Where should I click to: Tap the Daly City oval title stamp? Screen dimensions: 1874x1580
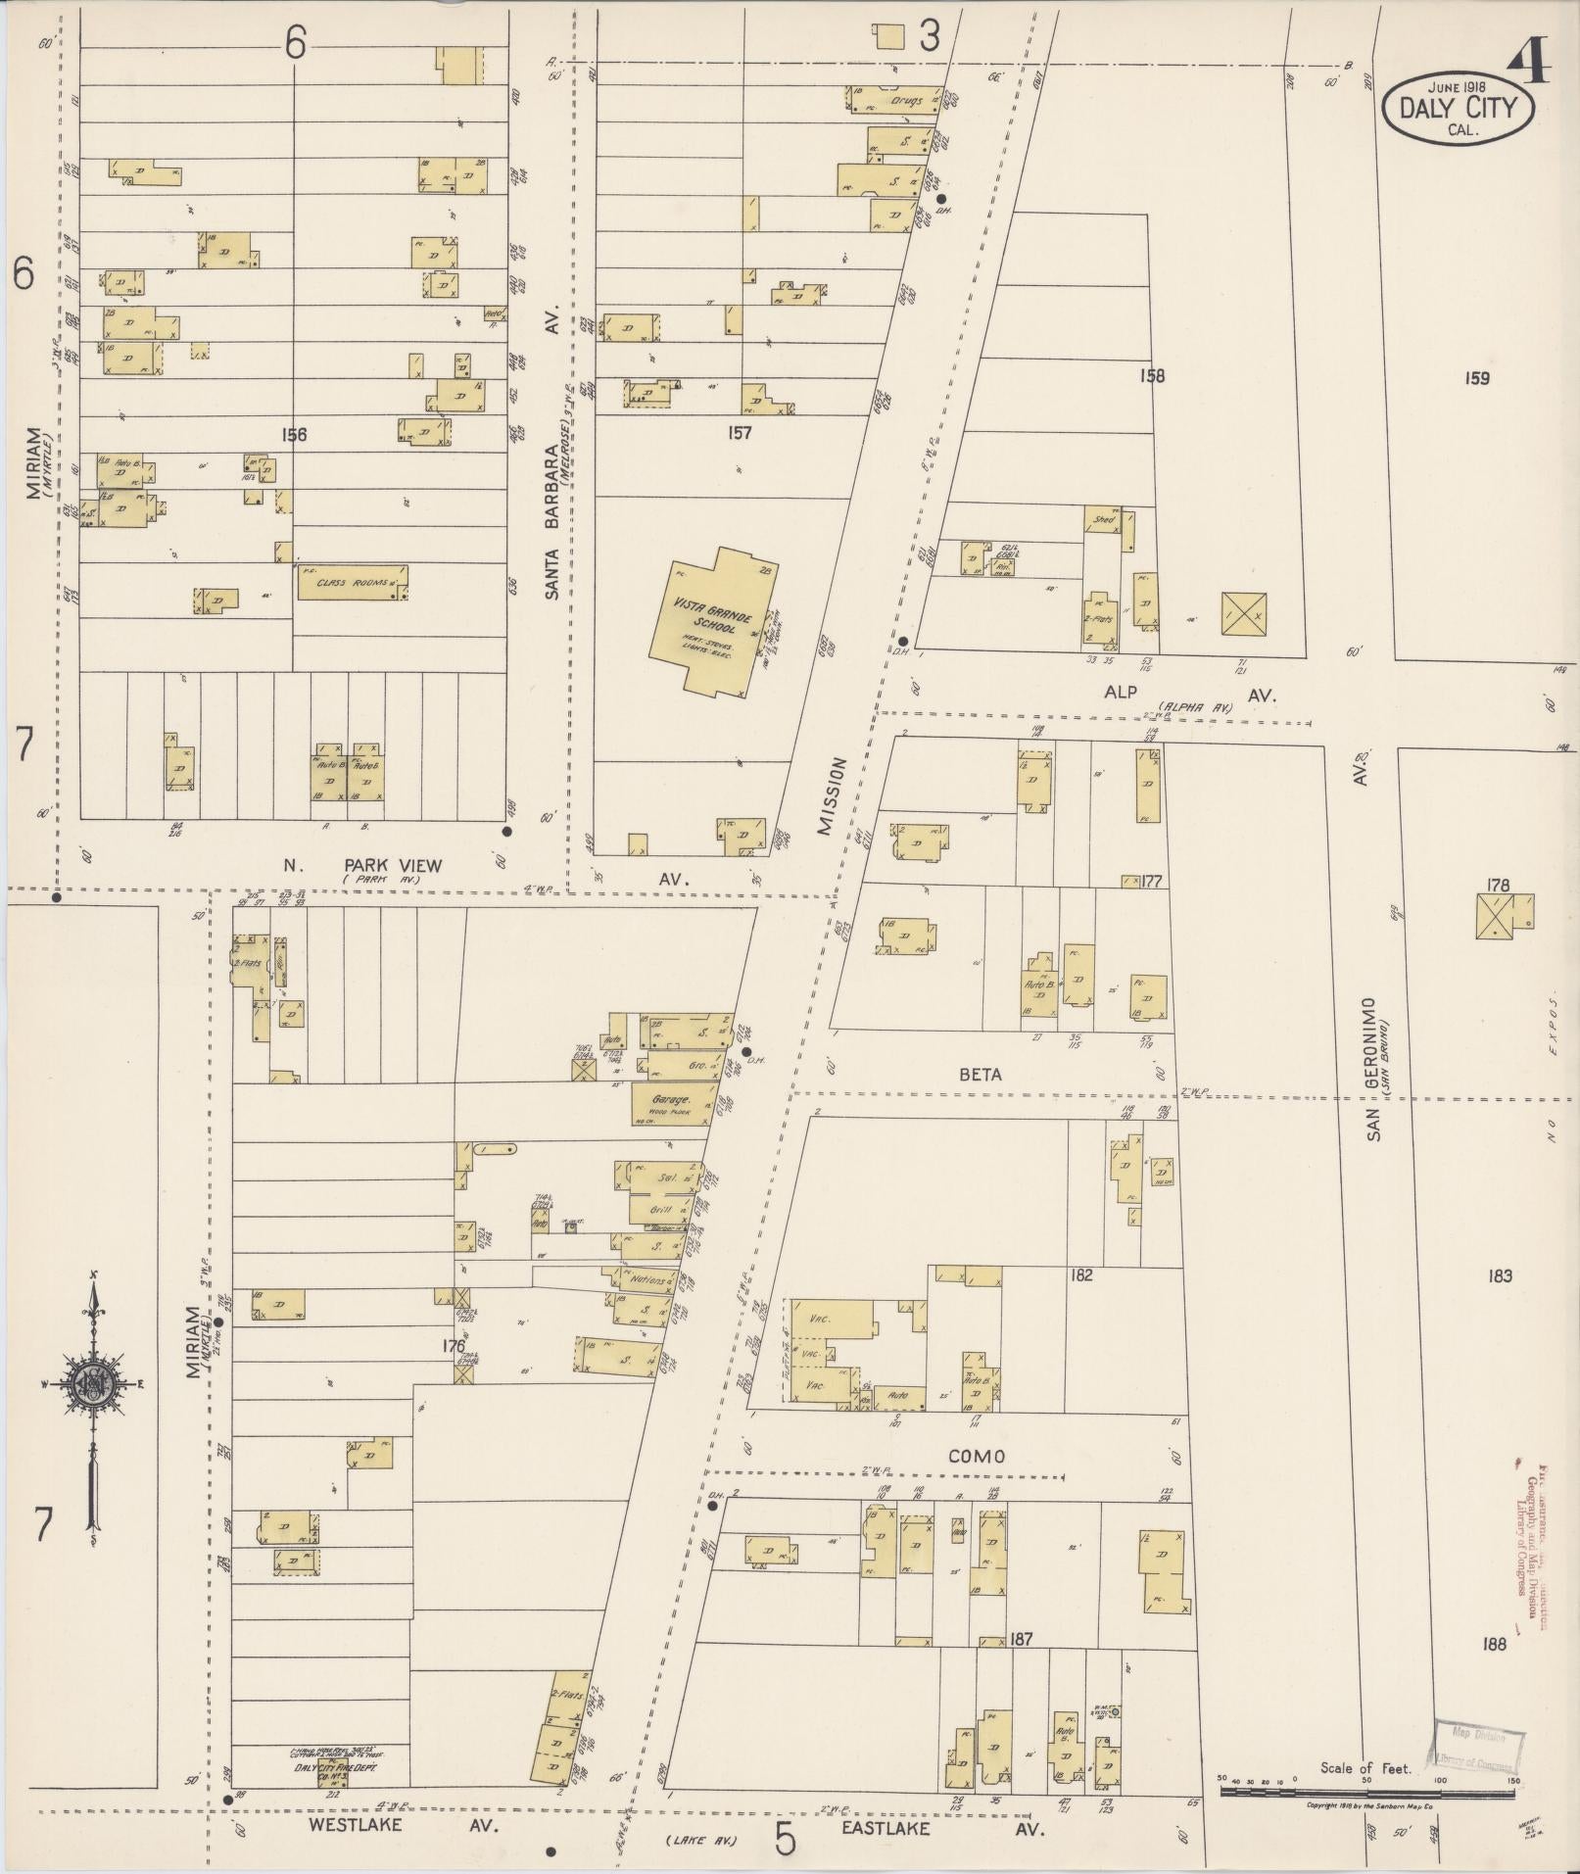click(1459, 107)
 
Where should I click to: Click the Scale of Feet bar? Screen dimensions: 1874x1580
click(1367, 1790)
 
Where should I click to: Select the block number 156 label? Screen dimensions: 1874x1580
click(293, 434)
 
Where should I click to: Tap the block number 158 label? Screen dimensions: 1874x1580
click(1152, 375)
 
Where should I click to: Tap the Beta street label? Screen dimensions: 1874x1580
click(981, 1074)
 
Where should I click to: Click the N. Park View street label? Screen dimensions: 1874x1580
click(362, 865)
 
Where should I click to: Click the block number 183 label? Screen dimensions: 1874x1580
click(1500, 1274)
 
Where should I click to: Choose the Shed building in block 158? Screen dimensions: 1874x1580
click(1104, 519)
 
